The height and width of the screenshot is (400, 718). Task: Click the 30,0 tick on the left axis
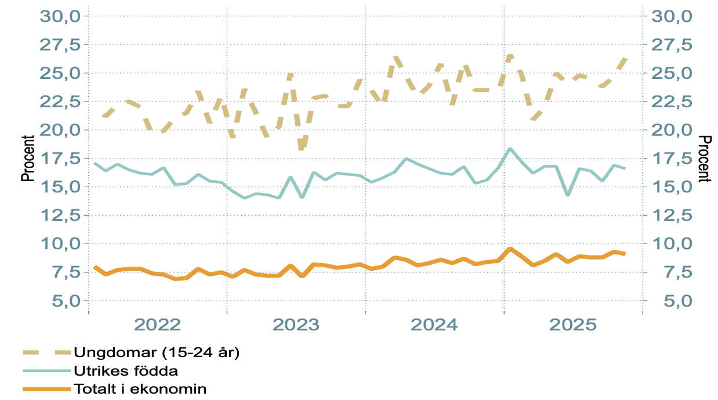coord(60,16)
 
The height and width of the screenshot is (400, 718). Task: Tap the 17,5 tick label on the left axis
coord(60,158)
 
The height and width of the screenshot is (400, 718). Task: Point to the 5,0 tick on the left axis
coord(63,301)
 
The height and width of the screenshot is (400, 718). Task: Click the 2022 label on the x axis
coord(158,325)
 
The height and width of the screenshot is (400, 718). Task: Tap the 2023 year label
coord(296,325)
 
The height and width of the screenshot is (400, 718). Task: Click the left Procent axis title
coord(28,158)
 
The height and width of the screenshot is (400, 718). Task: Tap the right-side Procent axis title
coord(704,158)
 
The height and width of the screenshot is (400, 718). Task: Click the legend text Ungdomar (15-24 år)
coord(156,352)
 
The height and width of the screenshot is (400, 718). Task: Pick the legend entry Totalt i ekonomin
coord(140,388)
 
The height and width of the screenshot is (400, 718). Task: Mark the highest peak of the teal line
coord(510,149)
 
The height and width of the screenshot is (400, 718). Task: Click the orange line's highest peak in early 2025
coord(510,249)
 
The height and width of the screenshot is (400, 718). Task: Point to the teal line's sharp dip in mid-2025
coord(568,195)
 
